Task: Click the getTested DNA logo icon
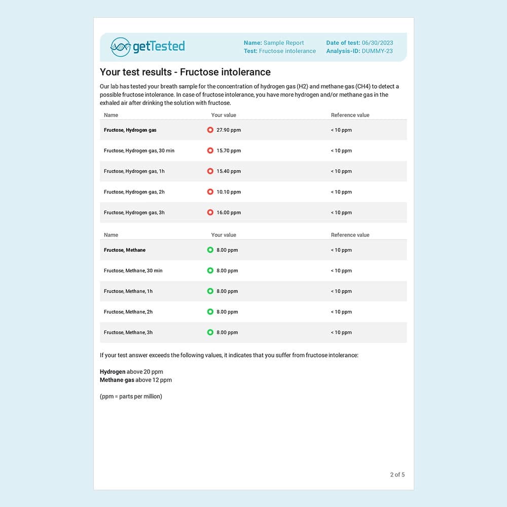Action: (121, 47)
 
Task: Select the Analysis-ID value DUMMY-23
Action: (377, 51)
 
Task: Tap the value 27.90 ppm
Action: (229, 130)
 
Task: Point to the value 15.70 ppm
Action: (229, 151)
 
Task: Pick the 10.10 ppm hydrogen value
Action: (229, 192)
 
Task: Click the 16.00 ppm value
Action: (229, 213)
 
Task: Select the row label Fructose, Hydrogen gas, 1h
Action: (134, 171)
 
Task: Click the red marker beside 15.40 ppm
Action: (210, 171)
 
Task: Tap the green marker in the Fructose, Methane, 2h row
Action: (210, 312)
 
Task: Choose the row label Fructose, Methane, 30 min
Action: (133, 271)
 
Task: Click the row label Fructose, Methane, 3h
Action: (128, 333)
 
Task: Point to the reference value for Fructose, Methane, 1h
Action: (341, 292)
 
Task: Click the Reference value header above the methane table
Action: (350, 235)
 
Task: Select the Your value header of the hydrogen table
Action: (224, 115)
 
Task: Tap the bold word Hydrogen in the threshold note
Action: (113, 372)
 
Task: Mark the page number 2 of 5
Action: (397, 475)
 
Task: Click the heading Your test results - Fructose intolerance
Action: (185, 72)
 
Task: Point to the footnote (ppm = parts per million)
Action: (131, 396)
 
